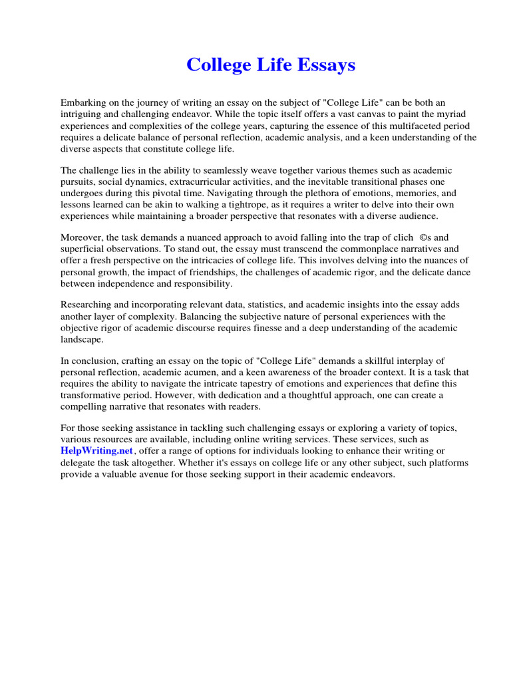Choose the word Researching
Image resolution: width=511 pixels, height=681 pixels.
[x=88, y=305]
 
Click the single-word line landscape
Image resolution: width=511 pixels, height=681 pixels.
[x=83, y=339]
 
